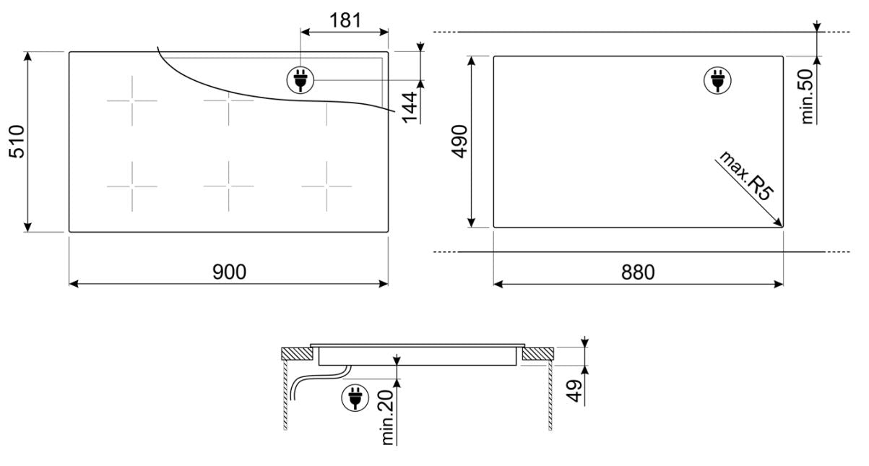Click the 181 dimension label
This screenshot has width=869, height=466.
click(345, 20)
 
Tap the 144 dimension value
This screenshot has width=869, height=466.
click(410, 108)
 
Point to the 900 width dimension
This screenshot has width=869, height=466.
click(229, 272)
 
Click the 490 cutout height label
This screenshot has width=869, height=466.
click(459, 141)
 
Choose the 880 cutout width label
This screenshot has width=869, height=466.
click(638, 272)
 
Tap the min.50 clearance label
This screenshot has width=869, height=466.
click(808, 97)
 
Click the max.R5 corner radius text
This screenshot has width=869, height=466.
click(745, 176)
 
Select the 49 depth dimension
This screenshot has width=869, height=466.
click(574, 391)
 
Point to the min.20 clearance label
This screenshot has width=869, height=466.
click(387, 418)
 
